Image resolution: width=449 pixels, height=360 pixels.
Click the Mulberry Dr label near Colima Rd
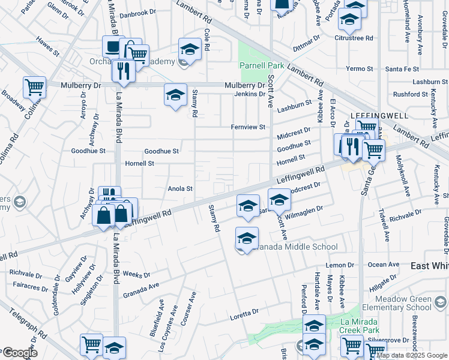click(81, 86)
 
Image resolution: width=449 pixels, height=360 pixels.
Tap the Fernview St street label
click(248, 127)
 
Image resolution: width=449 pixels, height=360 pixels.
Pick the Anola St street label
click(180, 188)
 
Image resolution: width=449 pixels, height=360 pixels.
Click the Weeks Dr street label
click(136, 274)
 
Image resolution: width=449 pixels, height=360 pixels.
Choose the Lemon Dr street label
click(340, 265)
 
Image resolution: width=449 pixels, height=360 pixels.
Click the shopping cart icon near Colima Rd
click(34, 87)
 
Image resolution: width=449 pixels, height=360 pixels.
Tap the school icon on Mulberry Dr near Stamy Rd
click(175, 95)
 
